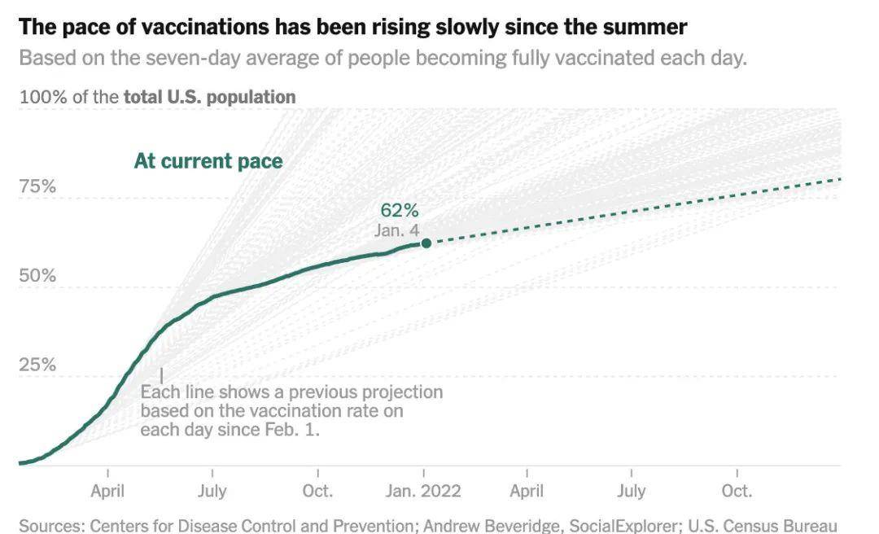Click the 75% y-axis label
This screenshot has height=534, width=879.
click(x=37, y=186)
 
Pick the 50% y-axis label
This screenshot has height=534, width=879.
click(x=37, y=275)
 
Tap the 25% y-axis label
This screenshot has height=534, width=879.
click(x=37, y=364)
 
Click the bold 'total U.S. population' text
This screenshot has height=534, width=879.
click(x=209, y=97)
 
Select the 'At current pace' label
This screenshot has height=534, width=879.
click(x=208, y=160)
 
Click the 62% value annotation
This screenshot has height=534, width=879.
click(x=399, y=212)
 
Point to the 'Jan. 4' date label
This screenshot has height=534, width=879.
click(x=396, y=230)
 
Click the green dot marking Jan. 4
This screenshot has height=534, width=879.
click(x=426, y=243)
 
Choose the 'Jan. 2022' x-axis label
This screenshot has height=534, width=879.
click(x=422, y=491)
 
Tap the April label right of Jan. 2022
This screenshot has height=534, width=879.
click(x=527, y=491)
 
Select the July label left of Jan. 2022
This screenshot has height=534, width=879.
click(x=212, y=491)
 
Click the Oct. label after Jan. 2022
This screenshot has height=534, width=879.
click(x=737, y=491)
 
